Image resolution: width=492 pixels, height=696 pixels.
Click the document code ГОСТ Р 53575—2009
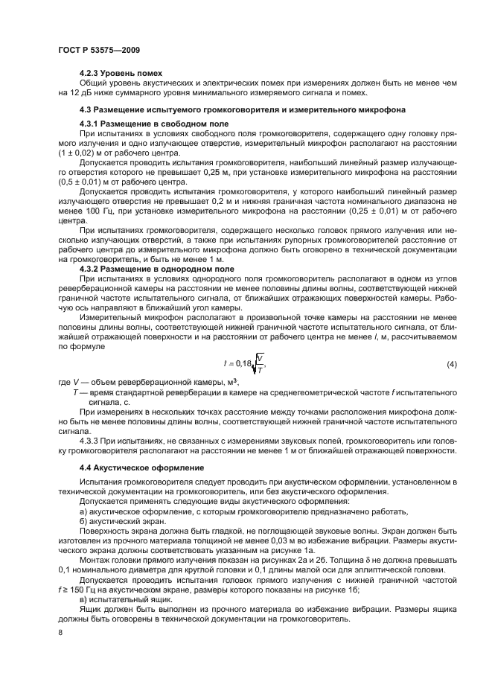pyautogui.click(x=98, y=49)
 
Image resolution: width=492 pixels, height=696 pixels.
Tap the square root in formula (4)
pyautogui.click(x=260, y=364)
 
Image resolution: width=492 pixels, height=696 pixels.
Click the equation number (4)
pyautogui.click(x=451, y=365)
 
